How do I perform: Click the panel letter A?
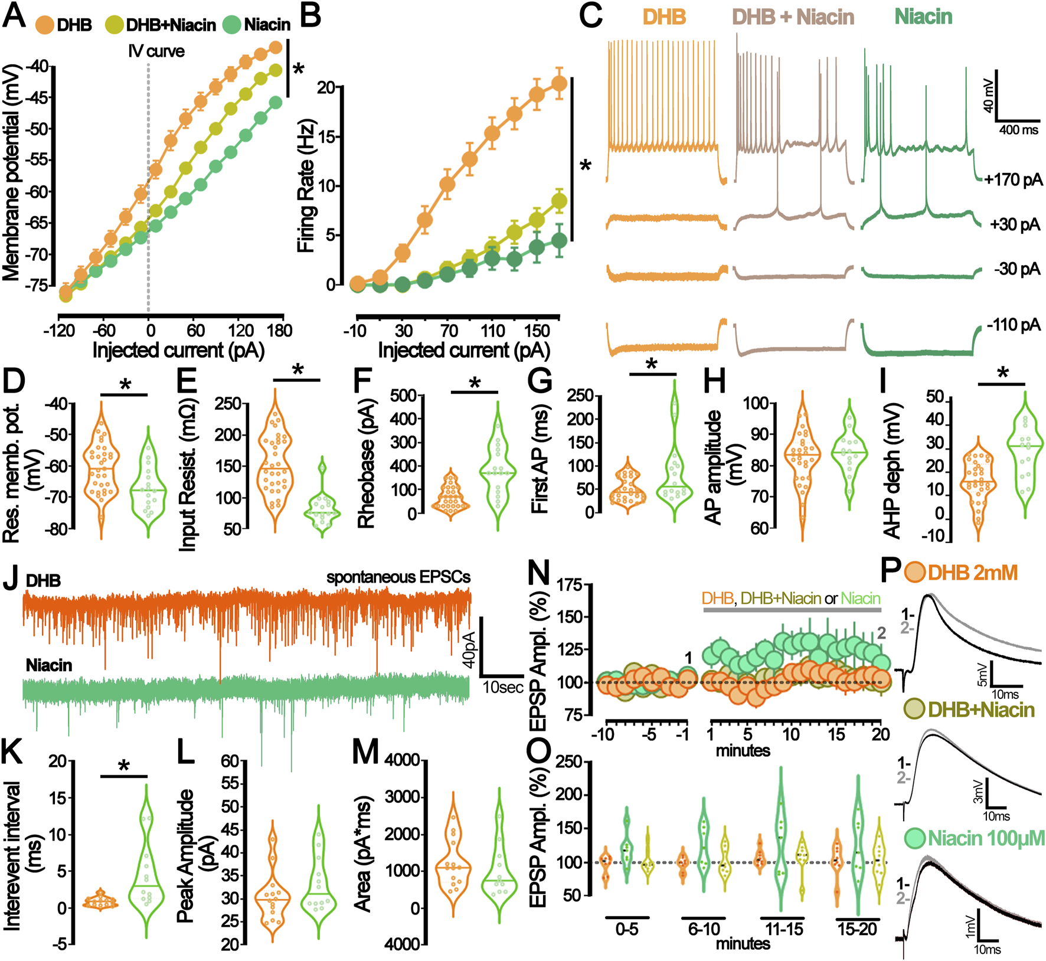14,16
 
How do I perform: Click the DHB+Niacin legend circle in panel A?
115,25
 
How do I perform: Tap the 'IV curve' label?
156,51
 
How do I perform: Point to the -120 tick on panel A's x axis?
58,330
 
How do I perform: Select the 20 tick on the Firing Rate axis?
326,88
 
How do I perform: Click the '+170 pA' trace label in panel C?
1013,179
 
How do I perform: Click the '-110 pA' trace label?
1014,325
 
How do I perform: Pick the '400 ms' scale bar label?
1018,130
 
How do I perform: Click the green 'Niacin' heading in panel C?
923,17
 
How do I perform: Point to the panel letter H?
714,382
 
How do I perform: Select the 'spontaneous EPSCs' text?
398,577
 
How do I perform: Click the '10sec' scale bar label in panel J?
503,687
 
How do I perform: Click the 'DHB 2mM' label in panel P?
972,573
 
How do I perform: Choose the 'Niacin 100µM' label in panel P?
986,838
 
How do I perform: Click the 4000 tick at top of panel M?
403,760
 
